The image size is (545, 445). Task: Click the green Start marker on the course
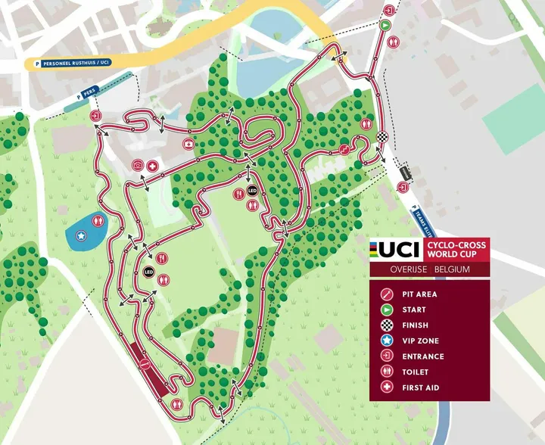tap(384, 24)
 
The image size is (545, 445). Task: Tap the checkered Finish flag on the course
tap(382, 137)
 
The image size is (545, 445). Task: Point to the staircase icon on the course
tap(345, 149)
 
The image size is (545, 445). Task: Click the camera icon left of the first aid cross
tap(138, 165)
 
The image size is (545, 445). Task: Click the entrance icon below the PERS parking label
tap(95, 116)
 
